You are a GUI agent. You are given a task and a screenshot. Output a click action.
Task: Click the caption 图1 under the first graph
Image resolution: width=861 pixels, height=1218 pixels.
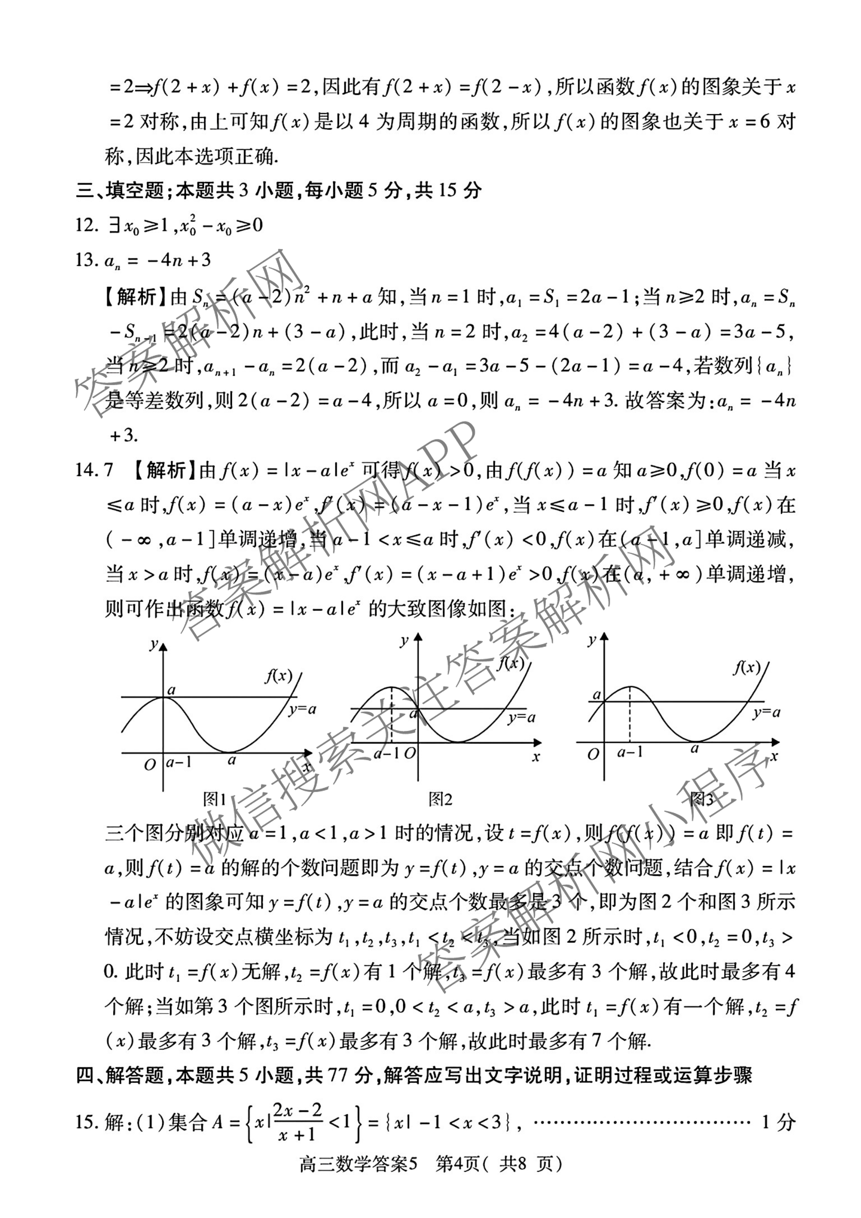215,799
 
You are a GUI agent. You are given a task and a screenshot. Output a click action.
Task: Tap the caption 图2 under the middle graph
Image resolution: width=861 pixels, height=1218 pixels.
440,799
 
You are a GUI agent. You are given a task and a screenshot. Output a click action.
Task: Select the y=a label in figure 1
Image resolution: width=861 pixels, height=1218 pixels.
302,709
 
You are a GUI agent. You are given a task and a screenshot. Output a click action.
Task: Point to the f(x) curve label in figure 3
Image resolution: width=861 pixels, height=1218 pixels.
746,667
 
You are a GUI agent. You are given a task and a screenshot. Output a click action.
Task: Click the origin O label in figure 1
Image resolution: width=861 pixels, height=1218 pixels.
150,764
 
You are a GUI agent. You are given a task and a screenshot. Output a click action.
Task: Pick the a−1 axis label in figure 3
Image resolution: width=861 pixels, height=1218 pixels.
630,752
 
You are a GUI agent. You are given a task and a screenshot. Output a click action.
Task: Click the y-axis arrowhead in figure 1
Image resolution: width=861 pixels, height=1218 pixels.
163,647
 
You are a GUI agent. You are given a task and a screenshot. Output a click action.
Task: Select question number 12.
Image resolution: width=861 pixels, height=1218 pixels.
86,226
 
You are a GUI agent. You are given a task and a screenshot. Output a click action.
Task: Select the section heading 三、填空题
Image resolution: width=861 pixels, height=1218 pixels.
120,190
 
